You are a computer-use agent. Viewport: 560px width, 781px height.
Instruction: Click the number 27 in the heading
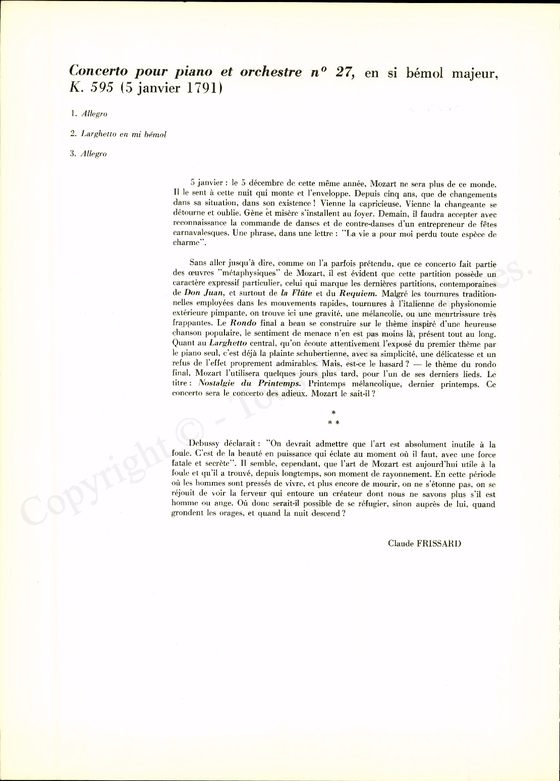(x=345, y=71)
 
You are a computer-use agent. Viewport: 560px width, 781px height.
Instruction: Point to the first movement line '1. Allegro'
(x=89, y=114)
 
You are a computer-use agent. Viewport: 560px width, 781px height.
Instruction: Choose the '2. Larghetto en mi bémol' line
(x=118, y=134)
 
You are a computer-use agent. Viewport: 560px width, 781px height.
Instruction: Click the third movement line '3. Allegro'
(x=89, y=154)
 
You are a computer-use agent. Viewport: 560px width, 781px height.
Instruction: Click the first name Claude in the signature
(x=401, y=543)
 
